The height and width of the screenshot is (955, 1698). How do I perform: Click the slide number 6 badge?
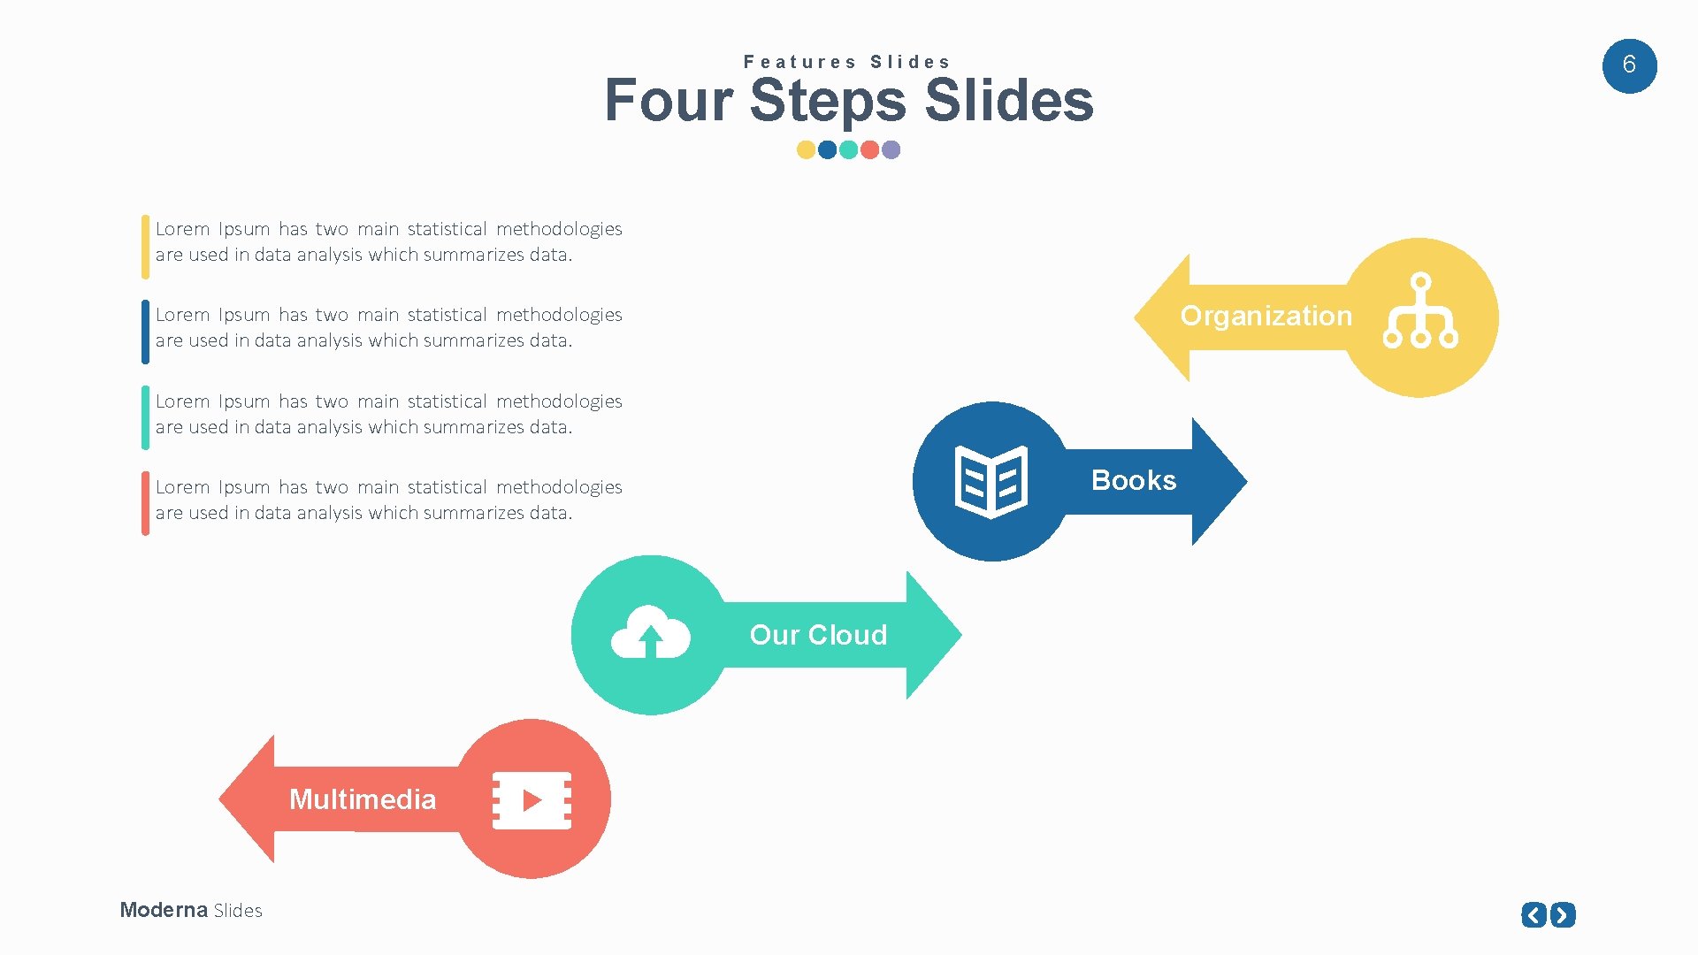tap(1629, 65)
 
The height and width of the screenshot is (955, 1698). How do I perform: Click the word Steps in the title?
tap(828, 100)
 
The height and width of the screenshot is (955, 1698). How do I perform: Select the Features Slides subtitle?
tap(846, 62)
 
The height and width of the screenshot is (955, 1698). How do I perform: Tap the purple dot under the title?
tap(891, 149)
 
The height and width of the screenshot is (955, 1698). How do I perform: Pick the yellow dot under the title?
tap(806, 149)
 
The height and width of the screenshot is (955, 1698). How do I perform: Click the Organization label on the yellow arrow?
tap(1266, 316)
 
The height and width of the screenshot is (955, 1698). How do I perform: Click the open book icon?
tap(990, 482)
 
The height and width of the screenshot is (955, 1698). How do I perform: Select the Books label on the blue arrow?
tap(1134, 480)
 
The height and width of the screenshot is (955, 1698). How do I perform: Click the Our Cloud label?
tap(818, 635)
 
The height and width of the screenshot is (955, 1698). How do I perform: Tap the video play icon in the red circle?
tap(532, 800)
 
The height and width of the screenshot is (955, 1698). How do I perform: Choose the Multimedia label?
tap(363, 799)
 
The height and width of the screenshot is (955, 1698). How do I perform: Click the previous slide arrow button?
tap(1534, 914)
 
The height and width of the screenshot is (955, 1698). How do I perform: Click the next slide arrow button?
tap(1564, 914)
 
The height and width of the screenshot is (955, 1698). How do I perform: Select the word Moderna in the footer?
tap(164, 910)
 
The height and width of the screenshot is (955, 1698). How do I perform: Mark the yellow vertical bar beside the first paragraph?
tap(145, 247)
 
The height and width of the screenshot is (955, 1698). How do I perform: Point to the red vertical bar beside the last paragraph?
tap(145, 504)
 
